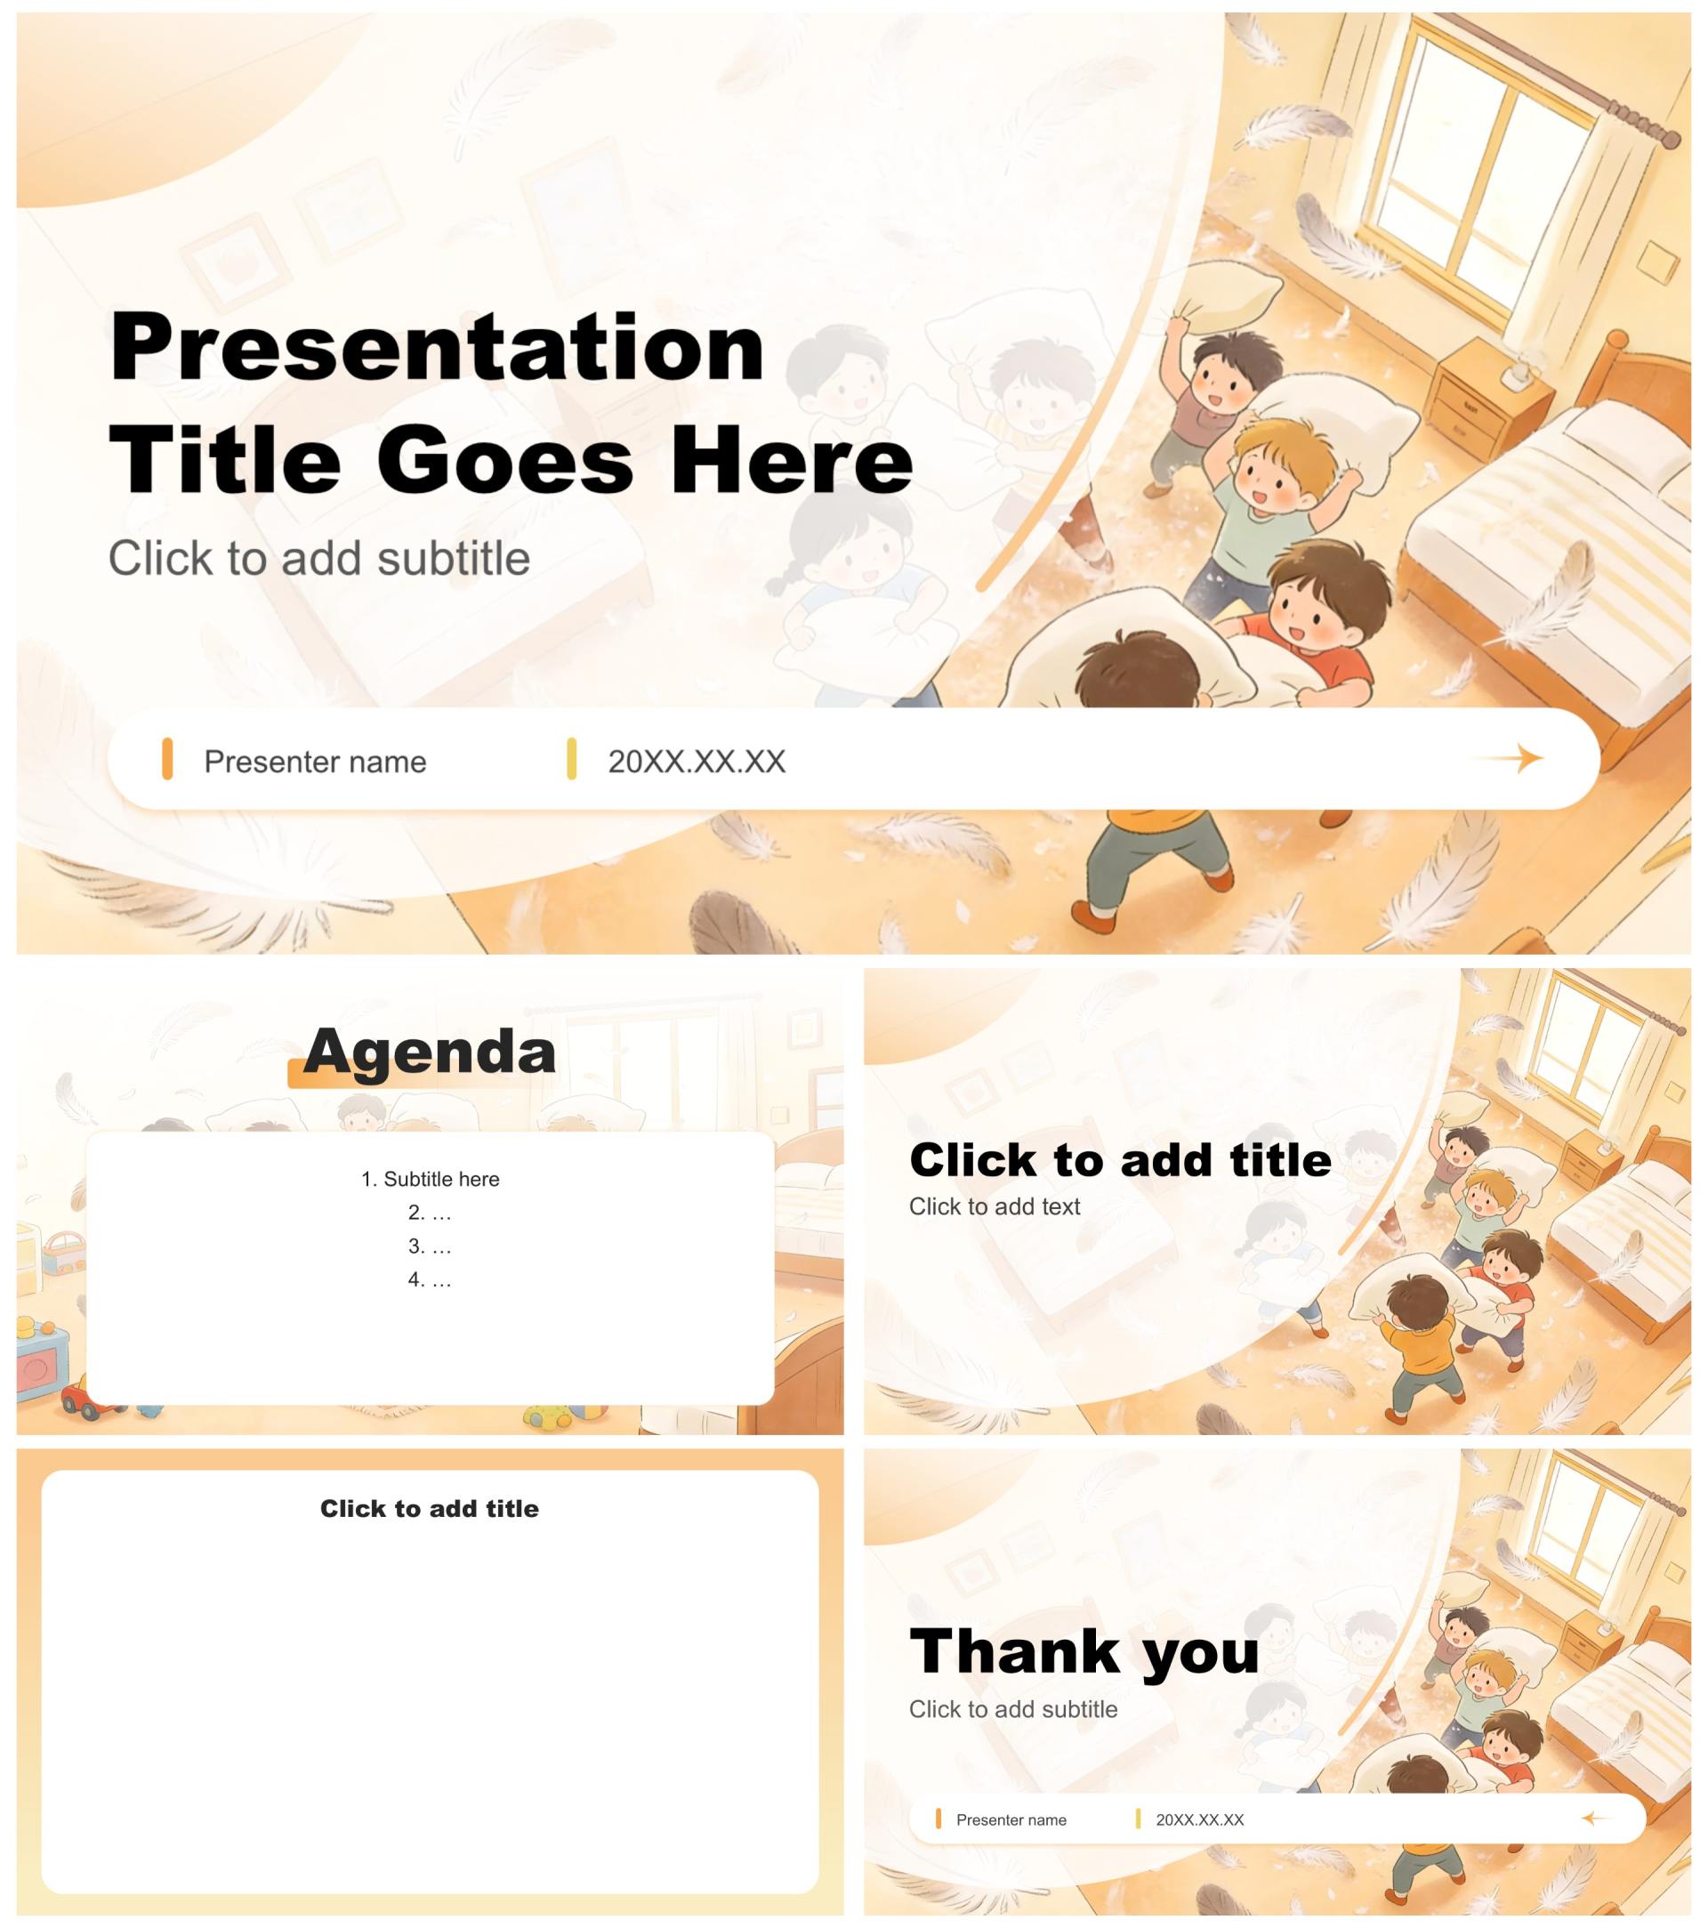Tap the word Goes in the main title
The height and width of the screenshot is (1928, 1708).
click(504, 460)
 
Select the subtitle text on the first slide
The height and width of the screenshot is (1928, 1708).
click(318, 559)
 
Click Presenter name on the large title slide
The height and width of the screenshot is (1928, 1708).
click(315, 762)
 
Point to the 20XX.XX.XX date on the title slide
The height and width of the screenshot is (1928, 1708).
click(696, 762)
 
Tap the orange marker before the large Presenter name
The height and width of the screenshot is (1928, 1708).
click(167, 759)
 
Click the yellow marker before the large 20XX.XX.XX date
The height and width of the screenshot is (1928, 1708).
click(571, 759)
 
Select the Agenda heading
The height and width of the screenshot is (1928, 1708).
click(430, 1051)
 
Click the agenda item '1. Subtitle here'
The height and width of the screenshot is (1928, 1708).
click(430, 1179)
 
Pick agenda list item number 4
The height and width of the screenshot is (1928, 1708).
click(430, 1280)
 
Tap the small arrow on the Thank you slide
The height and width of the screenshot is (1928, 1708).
click(1595, 1819)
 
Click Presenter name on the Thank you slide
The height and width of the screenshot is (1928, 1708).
click(1011, 1819)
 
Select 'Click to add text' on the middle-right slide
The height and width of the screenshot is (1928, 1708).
click(994, 1206)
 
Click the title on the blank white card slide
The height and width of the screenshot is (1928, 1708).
click(429, 1508)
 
